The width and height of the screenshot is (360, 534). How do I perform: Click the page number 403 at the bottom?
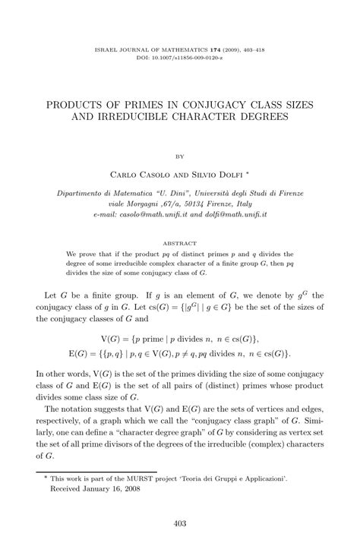coord(180,522)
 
